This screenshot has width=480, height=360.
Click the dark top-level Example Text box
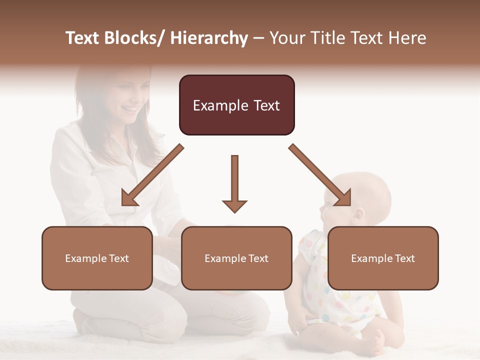pyautogui.click(x=236, y=105)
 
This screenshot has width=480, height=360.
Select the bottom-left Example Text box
pyautogui.click(x=97, y=258)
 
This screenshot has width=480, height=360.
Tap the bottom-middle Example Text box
pyautogui.click(x=236, y=258)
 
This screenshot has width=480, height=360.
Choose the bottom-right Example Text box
pyautogui.click(x=383, y=258)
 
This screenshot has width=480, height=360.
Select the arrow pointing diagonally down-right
pyautogui.click(x=320, y=175)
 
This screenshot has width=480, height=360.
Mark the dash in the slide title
pyautogui.click(x=258, y=38)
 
